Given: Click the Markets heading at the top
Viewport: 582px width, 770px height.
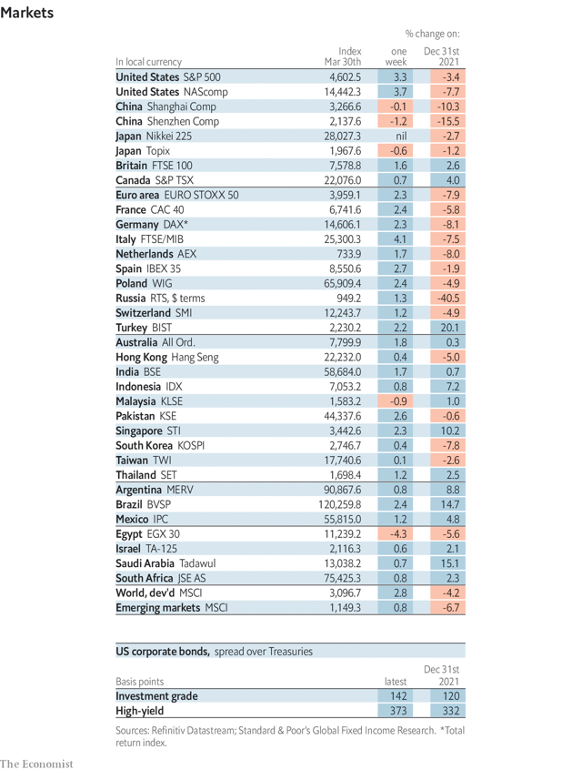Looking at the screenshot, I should [27, 13].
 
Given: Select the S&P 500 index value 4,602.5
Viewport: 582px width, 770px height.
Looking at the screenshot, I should [344, 77].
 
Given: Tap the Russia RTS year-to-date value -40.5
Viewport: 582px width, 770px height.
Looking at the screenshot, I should [447, 298].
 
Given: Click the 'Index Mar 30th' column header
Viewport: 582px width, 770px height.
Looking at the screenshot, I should [343, 56].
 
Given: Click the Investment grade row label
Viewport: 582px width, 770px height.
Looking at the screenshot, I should [156, 696].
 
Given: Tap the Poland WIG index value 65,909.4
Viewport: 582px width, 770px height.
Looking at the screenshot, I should [342, 283].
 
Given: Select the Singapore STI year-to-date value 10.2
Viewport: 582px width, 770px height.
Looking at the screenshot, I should [447, 431].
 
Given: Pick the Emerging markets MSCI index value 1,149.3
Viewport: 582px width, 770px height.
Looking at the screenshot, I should [344, 606].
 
